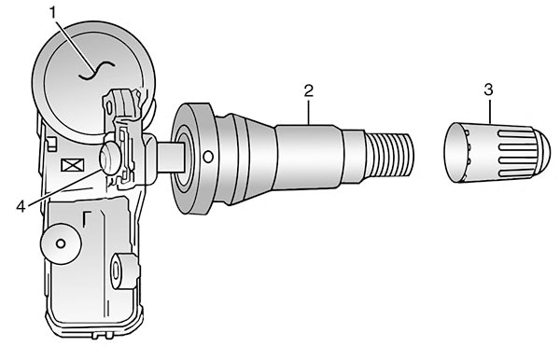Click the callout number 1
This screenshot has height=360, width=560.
point(53,13)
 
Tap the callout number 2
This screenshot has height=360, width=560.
point(309,90)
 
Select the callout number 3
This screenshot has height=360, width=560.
point(488,90)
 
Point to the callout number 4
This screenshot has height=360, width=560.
point(21,206)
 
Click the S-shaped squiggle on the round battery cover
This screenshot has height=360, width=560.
point(96,70)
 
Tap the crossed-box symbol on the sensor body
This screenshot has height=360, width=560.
point(73,165)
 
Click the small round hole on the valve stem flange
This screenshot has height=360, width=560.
point(208,157)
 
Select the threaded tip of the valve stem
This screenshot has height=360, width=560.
point(391,155)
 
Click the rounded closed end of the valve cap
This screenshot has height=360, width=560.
point(542,153)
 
